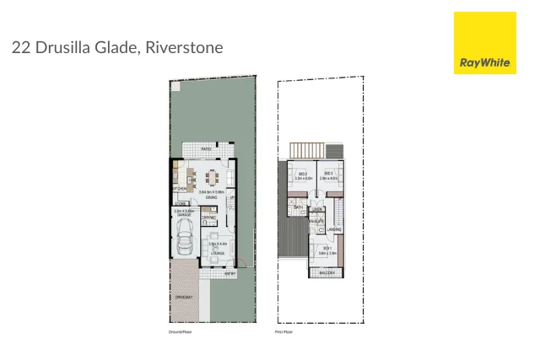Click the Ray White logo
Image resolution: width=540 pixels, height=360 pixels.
coord(484,43)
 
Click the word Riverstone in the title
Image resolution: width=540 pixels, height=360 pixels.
coord(184,47)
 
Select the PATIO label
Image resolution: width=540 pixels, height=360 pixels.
coord(206,148)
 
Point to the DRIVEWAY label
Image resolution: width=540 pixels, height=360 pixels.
coord(184,298)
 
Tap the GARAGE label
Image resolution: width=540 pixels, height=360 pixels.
coord(183,216)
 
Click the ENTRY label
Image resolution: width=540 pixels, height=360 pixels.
coord(229,274)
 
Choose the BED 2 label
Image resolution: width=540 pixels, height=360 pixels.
coord(301,175)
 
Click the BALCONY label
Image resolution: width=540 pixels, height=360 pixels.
coord(327,272)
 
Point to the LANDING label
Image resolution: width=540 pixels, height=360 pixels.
coord(334,228)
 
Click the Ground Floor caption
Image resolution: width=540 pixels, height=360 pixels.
coord(181,332)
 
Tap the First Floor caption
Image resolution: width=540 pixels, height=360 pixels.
coord(285,332)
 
